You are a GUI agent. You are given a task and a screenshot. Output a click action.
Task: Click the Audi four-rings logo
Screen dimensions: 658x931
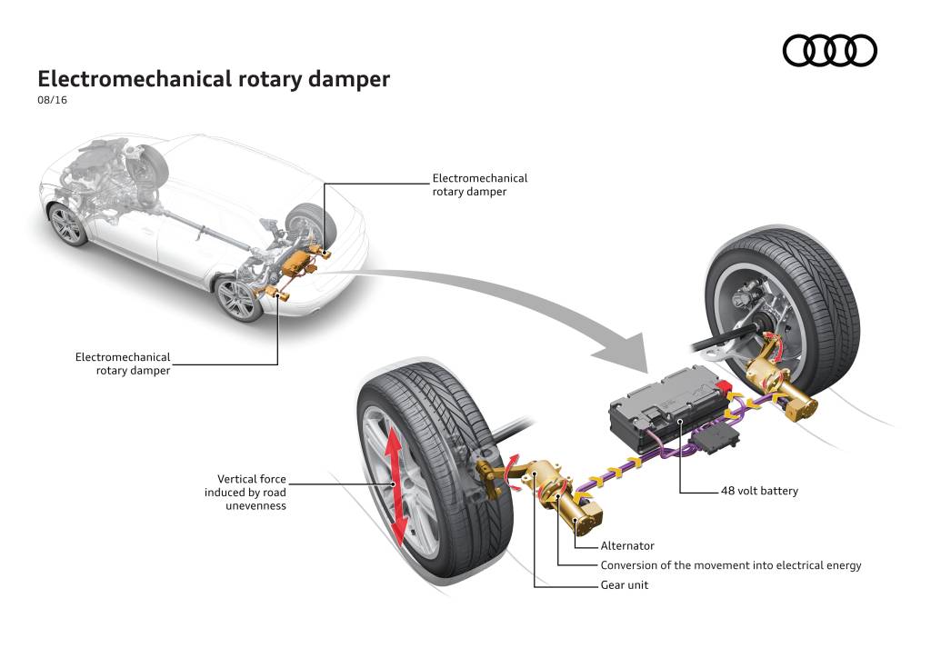829,50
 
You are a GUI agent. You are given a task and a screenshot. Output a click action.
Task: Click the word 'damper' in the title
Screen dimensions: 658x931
349,79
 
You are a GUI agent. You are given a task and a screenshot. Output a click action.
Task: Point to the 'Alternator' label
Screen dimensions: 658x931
627,546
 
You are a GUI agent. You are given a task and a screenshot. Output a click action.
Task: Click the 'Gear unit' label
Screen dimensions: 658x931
625,585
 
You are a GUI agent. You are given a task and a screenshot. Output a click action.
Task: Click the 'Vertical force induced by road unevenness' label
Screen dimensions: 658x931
245,492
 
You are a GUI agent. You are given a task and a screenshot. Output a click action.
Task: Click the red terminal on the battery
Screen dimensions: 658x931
724,390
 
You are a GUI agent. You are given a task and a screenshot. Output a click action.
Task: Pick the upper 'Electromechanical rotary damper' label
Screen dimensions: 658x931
480,184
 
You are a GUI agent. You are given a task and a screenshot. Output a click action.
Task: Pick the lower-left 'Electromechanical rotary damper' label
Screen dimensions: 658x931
123,364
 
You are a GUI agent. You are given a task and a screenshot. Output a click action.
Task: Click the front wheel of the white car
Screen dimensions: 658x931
67,224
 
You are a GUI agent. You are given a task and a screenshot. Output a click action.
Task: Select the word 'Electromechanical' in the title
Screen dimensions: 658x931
134,79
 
